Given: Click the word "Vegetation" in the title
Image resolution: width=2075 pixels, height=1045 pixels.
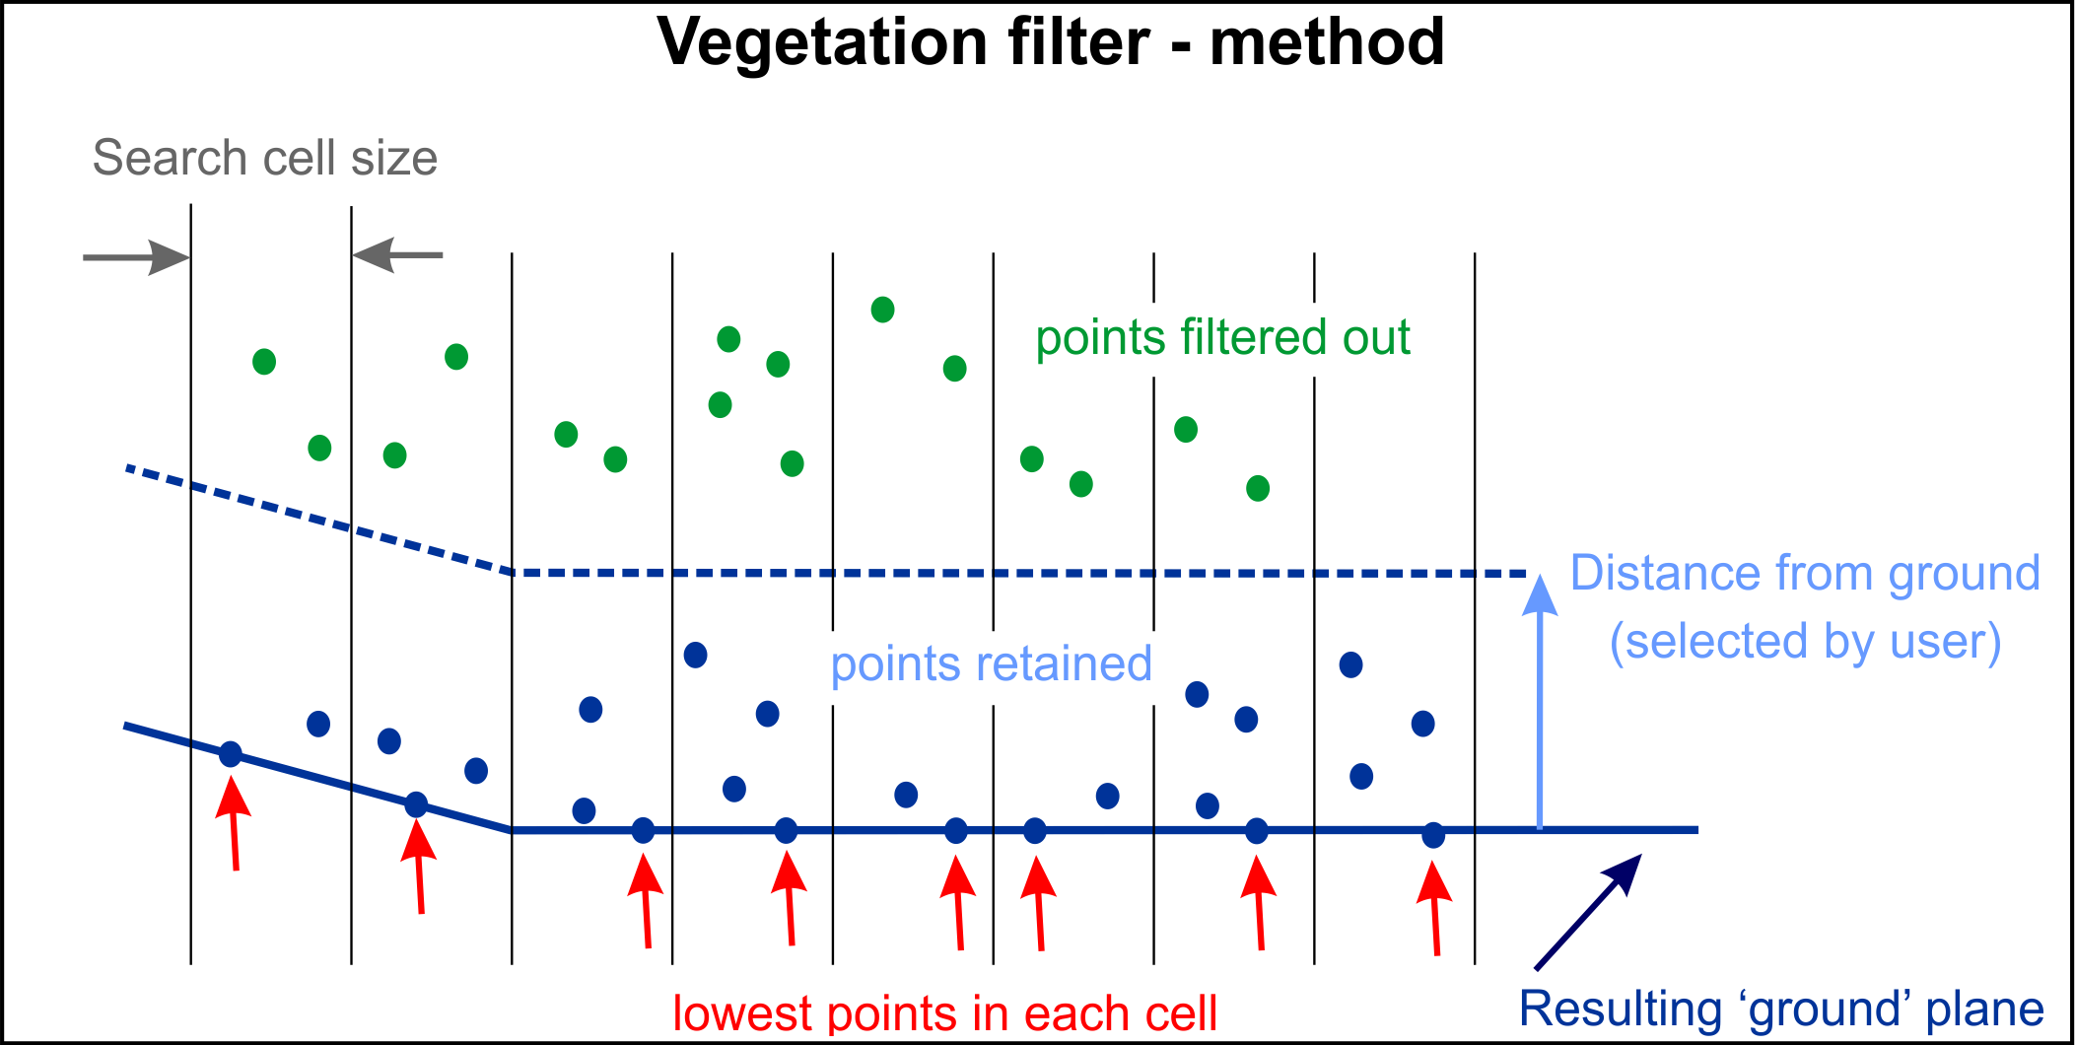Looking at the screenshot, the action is (x=821, y=44).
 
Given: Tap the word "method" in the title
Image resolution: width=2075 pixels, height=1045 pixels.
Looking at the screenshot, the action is (x=1327, y=42).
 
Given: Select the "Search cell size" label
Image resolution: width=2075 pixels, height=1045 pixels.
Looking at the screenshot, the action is (x=265, y=158).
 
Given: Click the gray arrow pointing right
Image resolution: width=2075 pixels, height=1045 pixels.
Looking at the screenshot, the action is (x=136, y=257).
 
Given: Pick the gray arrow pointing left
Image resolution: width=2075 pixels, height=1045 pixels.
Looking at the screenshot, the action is (x=397, y=255).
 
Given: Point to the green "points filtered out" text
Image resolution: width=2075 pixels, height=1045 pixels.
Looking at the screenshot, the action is (x=1222, y=338).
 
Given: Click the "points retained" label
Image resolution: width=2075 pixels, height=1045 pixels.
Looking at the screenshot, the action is (x=991, y=663).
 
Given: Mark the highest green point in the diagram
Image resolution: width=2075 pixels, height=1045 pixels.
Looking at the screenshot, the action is (x=882, y=310).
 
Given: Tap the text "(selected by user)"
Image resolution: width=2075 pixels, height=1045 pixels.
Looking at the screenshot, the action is (x=1805, y=642).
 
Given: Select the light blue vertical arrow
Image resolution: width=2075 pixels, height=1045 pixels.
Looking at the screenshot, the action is (x=1540, y=702).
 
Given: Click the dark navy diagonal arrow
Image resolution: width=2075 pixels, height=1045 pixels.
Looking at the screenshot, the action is (x=1588, y=911).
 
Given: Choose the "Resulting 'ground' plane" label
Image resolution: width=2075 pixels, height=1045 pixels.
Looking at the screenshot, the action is (x=1781, y=1009).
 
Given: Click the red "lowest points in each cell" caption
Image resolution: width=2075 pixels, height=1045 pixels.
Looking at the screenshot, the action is (x=944, y=1013).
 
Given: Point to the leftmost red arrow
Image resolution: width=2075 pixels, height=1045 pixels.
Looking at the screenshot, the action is (x=234, y=823).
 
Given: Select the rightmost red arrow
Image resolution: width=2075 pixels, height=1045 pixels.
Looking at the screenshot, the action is (x=1434, y=909).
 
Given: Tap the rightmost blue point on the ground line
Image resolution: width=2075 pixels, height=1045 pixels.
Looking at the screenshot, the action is (x=1433, y=835).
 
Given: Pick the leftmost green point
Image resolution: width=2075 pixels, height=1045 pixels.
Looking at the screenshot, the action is (x=264, y=362).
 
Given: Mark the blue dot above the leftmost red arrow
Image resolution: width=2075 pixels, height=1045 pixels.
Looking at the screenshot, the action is (x=230, y=754).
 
